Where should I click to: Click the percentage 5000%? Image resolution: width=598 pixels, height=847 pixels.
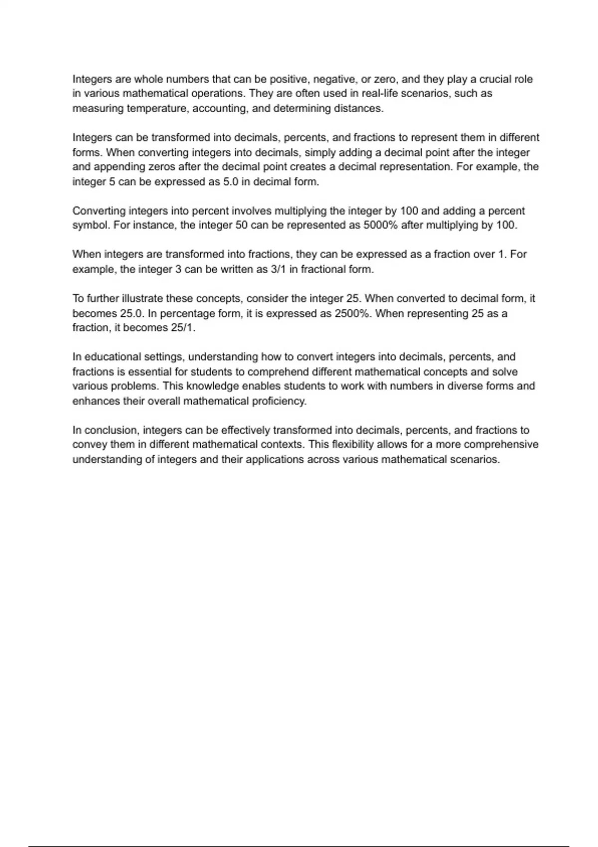point(380,225)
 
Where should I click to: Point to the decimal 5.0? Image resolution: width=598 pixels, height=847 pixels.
point(231,182)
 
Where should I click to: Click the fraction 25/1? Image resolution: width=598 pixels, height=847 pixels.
point(183,328)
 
